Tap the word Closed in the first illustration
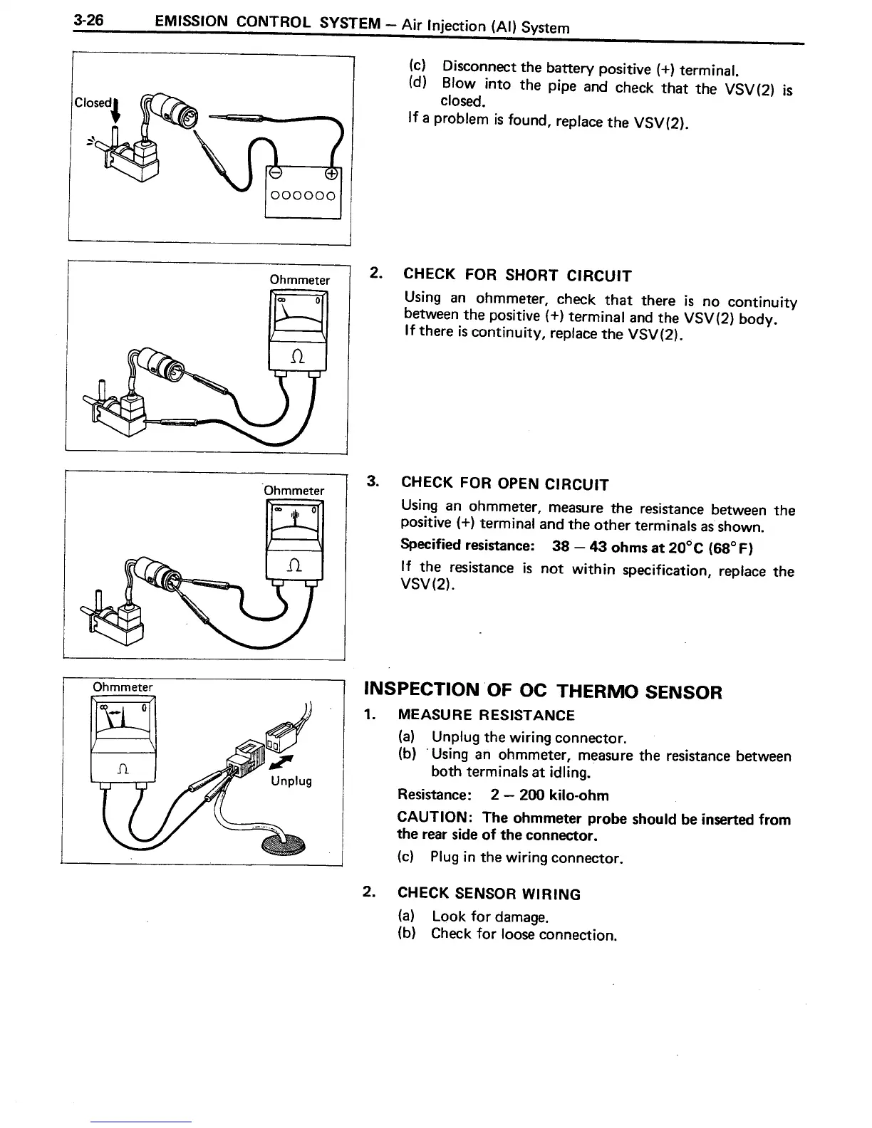click(x=92, y=103)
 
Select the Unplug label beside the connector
click(x=291, y=781)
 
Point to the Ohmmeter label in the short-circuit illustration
click(x=299, y=280)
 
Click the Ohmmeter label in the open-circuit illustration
click(x=294, y=490)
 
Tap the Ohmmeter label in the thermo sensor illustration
click(x=123, y=687)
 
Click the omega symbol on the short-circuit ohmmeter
click(x=296, y=358)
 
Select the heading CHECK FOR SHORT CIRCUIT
click(x=517, y=275)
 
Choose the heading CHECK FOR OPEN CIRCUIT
click(x=504, y=484)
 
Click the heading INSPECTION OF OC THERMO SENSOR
click(x=543, y=691)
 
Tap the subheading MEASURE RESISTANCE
click(x=486, y=715)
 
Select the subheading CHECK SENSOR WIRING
click(x=489, y=894)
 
